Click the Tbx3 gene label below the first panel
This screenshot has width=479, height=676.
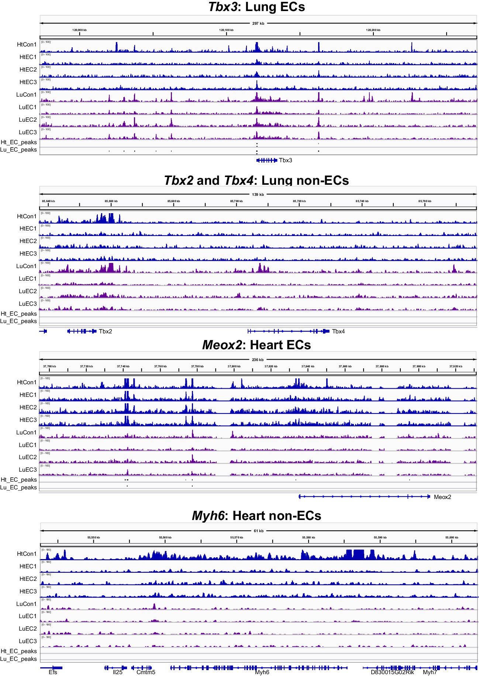pyautogui.click(x=285, y=160)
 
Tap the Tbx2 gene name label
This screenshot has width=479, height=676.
pyautogui.click(x=105, y=331)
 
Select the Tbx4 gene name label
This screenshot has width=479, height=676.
pyautogui.click(x=338, y=331)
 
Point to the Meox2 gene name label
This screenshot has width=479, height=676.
pyautogui.click(x=442, y=497)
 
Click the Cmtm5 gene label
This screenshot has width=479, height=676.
pyautogui.click(x=146, y=672)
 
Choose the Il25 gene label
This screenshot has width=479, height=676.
pyautogui.click(x=117, y=672)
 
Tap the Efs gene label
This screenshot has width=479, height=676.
pyautogui.click(x=53, y=672)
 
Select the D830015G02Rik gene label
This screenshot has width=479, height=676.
pyautogui.click(x=392, y=672)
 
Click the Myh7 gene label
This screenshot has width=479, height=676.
pyautogui.click(x=430, y=672)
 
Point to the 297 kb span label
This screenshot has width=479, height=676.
pyautogui.click(x=258, y=23)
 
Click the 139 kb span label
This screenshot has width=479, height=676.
pyautogui.click(x=258, y=194)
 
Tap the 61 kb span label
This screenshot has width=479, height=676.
pyautogui.click(x=258, y=531)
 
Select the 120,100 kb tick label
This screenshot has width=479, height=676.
pyautogui.click(x=226, y=30)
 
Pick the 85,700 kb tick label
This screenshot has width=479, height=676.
pyautogui.click(x=236, y=201)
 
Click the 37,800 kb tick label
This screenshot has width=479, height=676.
pyautogui.click(x=234, y=366)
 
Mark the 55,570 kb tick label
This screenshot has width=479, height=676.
pyautogui.click(x=237, y=537)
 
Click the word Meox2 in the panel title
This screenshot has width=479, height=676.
pyautogui.click(x=222, y=345)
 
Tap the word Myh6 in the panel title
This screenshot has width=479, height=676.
pyautogui.click(x=208, y=516)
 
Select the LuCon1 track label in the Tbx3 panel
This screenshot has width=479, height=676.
pyautogui.click(x=26, y=94)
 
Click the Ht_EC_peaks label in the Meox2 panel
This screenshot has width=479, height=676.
pyautogui.click(x=19, y=479)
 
